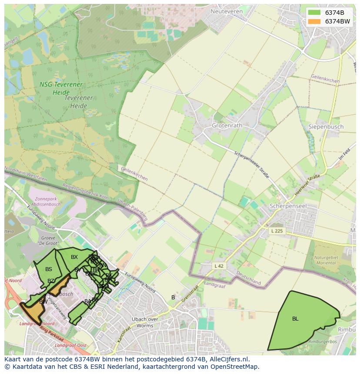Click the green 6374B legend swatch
click(x=314, y=13)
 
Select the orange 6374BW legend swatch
click(x=314, y=21)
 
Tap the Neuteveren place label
click(x=226, y=11)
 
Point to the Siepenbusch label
click(x=326, y=127)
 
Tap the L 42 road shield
click(x=219, y=265)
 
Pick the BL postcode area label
click(x=295, y=319)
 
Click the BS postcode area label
click(x=49, y=269)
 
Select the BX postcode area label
click(x=74, y=257)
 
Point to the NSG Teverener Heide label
click(x=61, y=88)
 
